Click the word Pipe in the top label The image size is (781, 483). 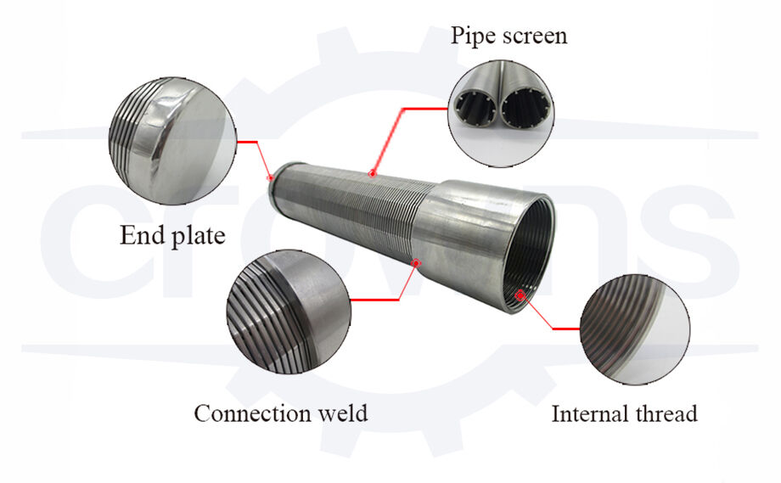pyautogui.click(x=471, y=37)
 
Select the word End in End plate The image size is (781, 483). pyautogui.click(x=138, y=235)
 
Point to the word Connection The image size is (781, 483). pyautogui.click(x=252, y=413)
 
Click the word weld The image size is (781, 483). pyautogui.click(x=341, y=413)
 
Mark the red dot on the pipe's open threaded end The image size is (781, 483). pyautogui.click(x=520, y=294)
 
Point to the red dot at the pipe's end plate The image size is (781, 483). pyautogui.click(x=271, y=177)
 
